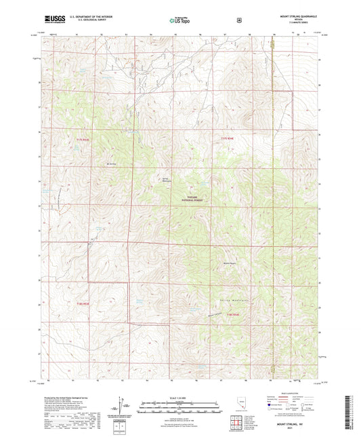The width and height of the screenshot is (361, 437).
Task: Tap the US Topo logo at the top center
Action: pos(179,20)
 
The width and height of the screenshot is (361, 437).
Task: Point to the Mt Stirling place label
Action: pos(112,164)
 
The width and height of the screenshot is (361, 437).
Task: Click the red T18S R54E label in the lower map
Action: pos(232,315)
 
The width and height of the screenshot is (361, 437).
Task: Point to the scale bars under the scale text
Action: pos(180,407)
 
